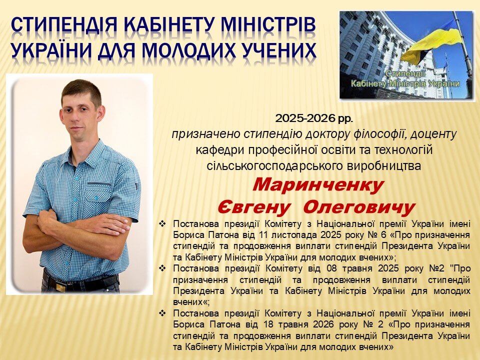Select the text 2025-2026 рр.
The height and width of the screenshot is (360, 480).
314,118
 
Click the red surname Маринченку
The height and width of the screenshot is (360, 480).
318,185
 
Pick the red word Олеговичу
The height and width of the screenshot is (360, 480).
359,207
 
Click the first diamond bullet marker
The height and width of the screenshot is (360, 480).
162,224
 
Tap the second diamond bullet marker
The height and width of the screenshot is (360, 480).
162,268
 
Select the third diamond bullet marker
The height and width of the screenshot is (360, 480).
162,313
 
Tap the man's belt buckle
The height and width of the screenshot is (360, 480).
60,287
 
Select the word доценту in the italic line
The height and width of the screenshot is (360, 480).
434,134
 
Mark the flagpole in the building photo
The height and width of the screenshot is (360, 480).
463,52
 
